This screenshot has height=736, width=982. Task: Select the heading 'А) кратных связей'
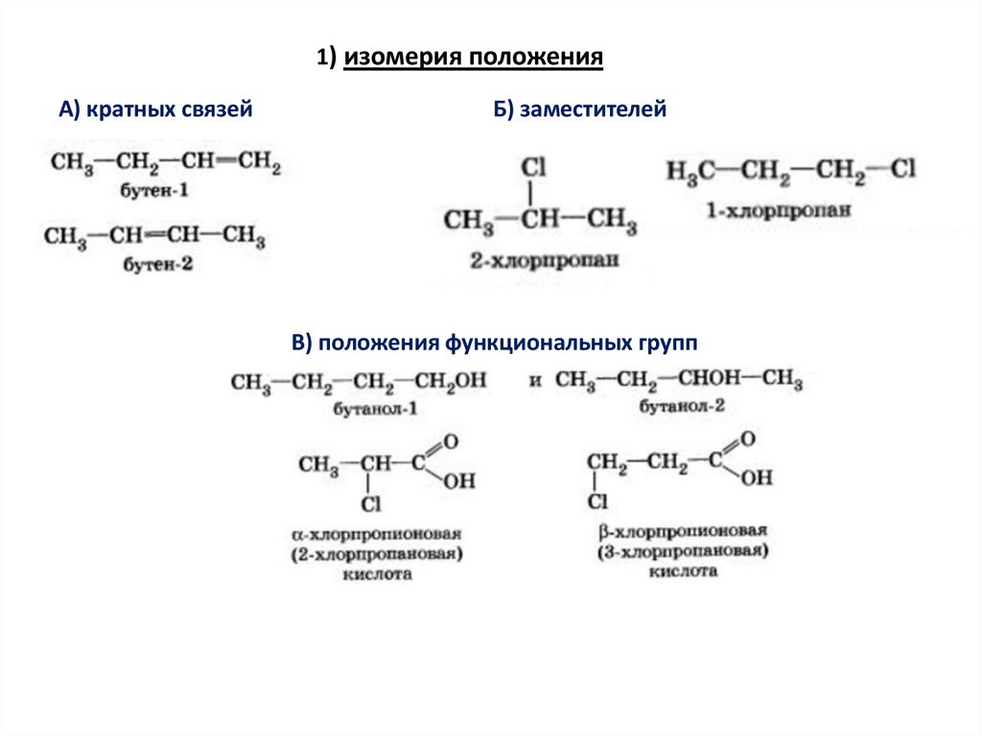pyautogui.click(x=155, y=111)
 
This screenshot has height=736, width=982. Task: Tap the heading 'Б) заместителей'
pyautogui.click(x=580, y=111)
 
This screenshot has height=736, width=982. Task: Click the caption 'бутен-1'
pyautogui.click(x=154, y=191)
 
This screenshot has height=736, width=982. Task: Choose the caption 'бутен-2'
pyautogui.click(x=157, y=263)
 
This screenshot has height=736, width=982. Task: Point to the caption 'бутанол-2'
pyautogui.click(x=682, y=407)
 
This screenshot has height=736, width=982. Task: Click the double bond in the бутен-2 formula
pyautogui.click(x=159, y=235)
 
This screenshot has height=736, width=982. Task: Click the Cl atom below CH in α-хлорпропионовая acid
pyautogui.click(x=370, y=504)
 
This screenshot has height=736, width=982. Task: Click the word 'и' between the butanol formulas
pyautogui.click(x=535, y=381)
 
